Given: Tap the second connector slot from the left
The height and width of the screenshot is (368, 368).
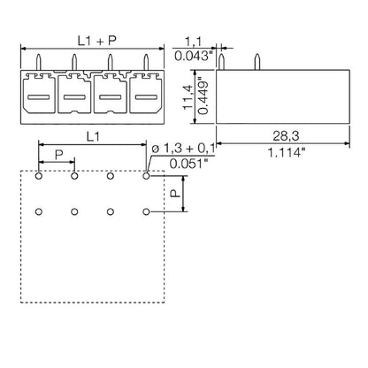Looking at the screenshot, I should pyautogui.click(x=73, y=96).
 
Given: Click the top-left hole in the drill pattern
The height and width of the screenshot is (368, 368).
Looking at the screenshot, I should pyautogui.click(x=40, y=176).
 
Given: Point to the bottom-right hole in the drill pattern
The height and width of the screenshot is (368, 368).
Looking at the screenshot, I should pyautogui.click(x=146, y=211).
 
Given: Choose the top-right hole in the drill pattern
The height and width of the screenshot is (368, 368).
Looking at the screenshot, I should pyautogui.click(x=146, y=176).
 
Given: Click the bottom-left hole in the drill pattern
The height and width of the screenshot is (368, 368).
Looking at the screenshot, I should pyautogui.click(x=40, y=211).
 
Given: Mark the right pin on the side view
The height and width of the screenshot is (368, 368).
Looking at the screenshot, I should pyautogui.click(x=257, y=60).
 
